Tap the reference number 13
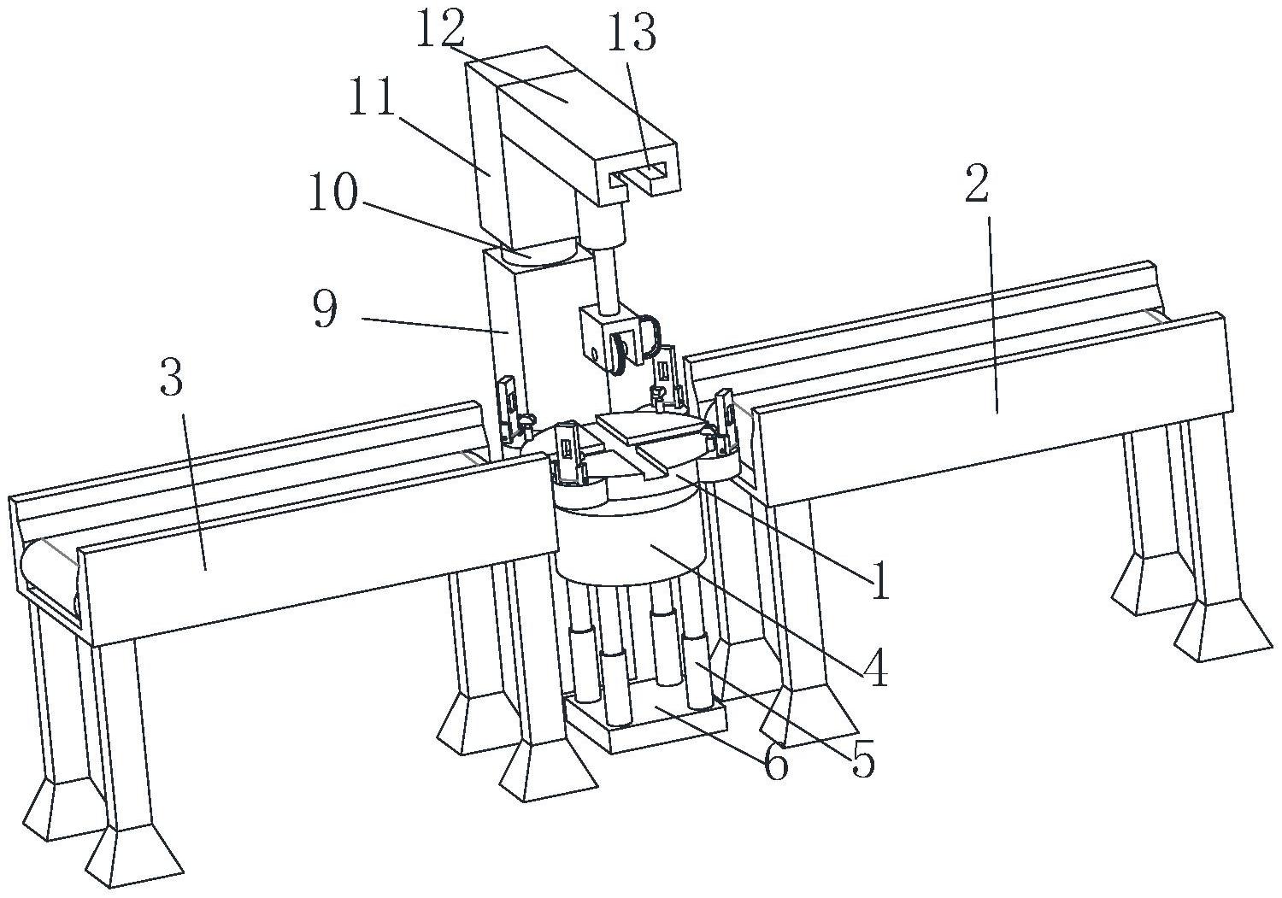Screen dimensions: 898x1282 632,34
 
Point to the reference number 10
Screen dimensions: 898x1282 333,194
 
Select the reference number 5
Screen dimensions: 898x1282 863,759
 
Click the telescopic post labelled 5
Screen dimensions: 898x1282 699,675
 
